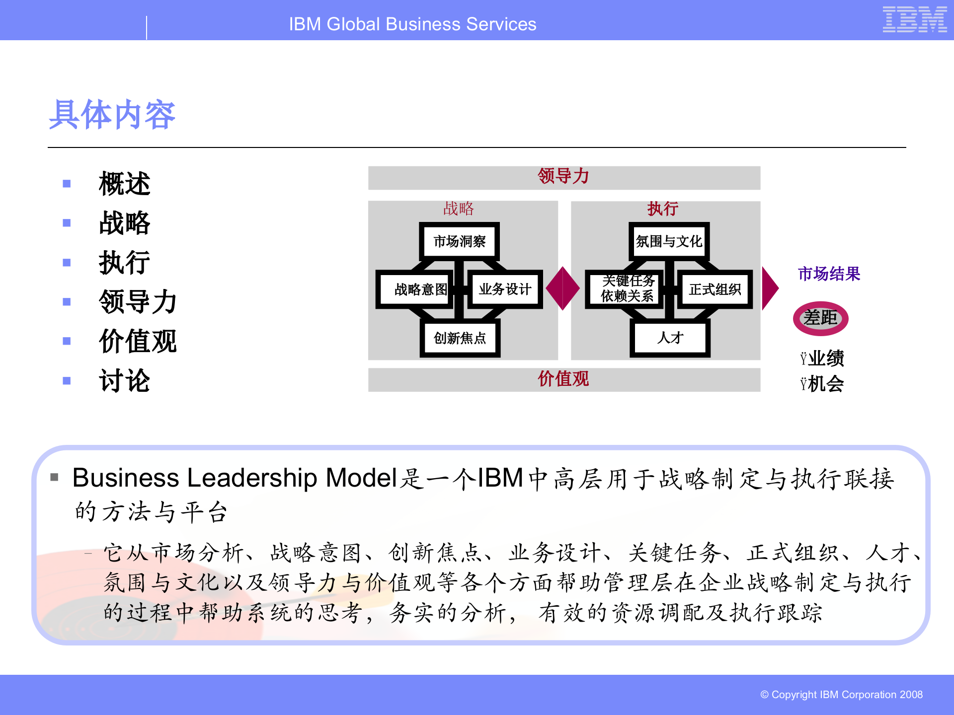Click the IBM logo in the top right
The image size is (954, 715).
(914, 20)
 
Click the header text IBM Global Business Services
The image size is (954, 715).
(412, 24)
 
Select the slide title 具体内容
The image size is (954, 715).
(112, 115)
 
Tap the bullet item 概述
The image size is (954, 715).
(124, 184)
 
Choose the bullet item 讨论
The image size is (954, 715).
(124, 381)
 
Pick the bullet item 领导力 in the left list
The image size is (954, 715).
(138, 302)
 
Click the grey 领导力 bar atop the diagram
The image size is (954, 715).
(563, 177)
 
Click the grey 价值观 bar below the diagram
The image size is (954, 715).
(563, 379)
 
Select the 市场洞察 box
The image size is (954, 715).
(460, 241)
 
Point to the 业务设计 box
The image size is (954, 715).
(505, 289)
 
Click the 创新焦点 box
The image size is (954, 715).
(460, 338)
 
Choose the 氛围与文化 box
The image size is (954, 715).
(669, 241)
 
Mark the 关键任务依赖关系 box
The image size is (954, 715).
(627, 288)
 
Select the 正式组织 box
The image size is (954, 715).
(715, 289)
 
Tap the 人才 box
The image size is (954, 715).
(670, 338)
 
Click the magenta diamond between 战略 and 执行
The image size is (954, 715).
(562, 288)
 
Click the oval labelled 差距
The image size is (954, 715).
(820, 318)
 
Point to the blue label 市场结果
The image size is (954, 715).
(828, 274)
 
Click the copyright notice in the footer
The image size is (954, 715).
(841, 695)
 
